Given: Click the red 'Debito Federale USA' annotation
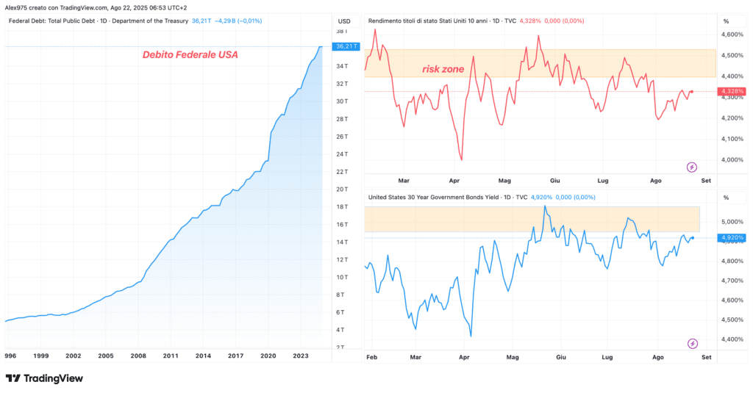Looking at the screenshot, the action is point(190,54).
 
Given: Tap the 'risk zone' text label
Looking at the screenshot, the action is point(443,69).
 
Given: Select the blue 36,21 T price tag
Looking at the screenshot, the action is point(346,46).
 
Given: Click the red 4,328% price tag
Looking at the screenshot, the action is point(732,91).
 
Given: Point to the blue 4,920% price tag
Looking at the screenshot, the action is point(732,237).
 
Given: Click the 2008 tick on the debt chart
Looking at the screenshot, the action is point(138,356).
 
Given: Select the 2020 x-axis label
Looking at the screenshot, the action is point(268,356).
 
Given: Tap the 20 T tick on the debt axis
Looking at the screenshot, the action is point(342,189).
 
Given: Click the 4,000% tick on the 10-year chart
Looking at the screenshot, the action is point(732,160).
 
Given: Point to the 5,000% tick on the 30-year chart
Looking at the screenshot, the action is point(732,222).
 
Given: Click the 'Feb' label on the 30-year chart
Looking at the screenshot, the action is point(371,357).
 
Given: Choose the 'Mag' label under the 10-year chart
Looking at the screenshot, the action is point(504,181).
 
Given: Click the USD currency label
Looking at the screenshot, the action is point(344,21).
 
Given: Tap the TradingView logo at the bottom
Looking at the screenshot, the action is point(44,378).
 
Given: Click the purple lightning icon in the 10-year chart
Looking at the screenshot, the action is point(691,167).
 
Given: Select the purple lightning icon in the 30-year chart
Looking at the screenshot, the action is point(692,344).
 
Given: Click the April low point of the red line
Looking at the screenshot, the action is point(462,160).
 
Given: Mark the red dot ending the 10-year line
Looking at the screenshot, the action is point(691,91).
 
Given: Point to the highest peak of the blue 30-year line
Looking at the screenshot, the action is point(545,206).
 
